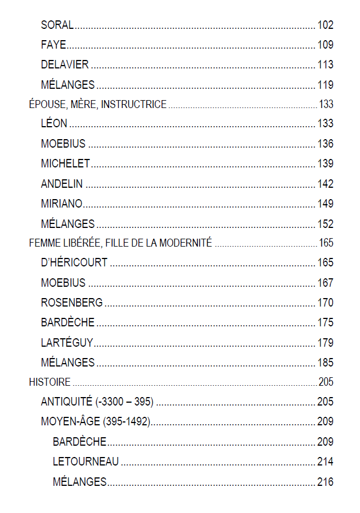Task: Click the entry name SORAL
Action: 57,25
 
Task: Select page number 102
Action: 325,25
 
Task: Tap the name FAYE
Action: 53,45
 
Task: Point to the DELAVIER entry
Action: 64,65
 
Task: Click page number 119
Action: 325,85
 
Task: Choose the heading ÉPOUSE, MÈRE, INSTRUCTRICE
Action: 98,104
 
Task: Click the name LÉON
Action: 54,123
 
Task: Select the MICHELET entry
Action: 65,163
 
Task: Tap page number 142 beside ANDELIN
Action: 325,184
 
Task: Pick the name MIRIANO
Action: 62,204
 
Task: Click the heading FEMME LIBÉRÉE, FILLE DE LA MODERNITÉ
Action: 120,243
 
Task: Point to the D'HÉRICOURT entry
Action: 74,263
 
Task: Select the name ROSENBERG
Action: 72,303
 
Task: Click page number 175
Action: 325,323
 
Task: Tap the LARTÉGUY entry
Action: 67,343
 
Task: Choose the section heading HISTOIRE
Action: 50,382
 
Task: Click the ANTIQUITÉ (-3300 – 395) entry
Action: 97,402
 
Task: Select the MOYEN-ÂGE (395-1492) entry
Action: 95,422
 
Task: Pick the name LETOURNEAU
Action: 86,462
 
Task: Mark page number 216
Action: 325,482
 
